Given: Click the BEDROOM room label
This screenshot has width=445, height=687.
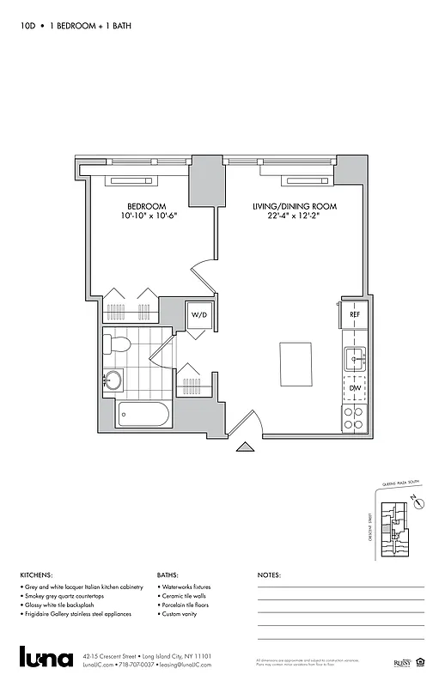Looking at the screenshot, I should (146, 206).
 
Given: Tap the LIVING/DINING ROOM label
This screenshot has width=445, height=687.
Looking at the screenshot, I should (294, 206).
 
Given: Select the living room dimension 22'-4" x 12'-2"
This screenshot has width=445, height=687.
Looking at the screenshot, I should (294, 216).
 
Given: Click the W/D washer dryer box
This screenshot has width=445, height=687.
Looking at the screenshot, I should (199, 315).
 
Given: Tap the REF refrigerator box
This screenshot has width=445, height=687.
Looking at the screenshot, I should (354, 315).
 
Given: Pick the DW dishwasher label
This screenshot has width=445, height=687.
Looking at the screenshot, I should (354, 388).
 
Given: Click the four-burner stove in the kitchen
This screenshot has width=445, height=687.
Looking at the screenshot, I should (354, 417).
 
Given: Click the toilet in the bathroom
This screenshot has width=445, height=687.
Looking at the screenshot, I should (116, 345).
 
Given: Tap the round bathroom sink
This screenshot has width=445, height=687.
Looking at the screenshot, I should (113, 379).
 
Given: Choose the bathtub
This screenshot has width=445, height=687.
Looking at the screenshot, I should (143, 416).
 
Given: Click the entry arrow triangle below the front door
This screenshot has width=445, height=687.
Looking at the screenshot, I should (245, 446).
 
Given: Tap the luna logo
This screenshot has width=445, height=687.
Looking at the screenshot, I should (46, 657).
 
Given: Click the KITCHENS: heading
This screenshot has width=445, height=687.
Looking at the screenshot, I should (36, 575).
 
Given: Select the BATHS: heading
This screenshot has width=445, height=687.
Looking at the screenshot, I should (168, 575).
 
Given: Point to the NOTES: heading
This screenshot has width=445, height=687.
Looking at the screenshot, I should (269, 575).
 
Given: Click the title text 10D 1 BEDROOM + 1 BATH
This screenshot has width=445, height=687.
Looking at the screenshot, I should (76, 27).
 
